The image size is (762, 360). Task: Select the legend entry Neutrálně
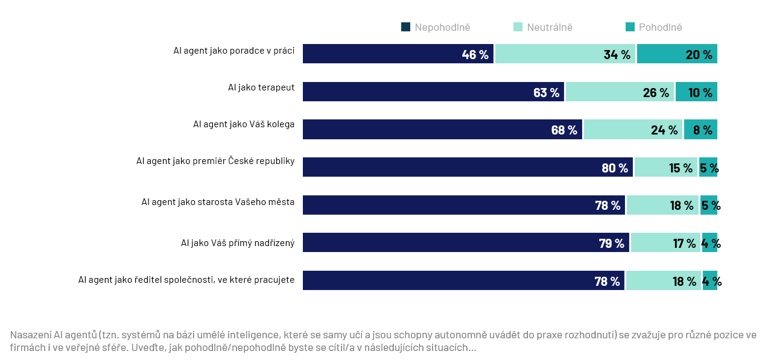pos(543,27)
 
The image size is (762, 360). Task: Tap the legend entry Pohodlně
pos(654,27)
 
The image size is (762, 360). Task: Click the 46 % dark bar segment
pos(398,54)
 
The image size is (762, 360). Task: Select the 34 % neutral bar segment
pos(565,54)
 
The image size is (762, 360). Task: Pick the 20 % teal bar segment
pos(677,54)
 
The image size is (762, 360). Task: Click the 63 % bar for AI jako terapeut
pos(433,92)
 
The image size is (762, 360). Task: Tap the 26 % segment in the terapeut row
pos(620,92)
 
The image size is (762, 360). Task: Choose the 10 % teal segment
pos(696,92)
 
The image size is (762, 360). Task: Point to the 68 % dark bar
pos(442,129)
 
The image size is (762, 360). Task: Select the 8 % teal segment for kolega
pos(700,129)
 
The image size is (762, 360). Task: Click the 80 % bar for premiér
pos(468,167)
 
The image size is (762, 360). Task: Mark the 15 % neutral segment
pos(666,167)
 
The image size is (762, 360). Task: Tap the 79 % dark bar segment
pos(466,242)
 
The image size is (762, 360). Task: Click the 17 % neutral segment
pos(665,242)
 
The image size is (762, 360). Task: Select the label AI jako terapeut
pos(261,87)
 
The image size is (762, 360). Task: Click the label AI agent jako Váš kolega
pos(244,125)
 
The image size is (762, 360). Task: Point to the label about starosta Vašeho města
pos(218,202)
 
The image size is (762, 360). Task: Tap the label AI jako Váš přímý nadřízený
pos(238,243)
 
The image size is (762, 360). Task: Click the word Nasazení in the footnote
pos(30,335)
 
